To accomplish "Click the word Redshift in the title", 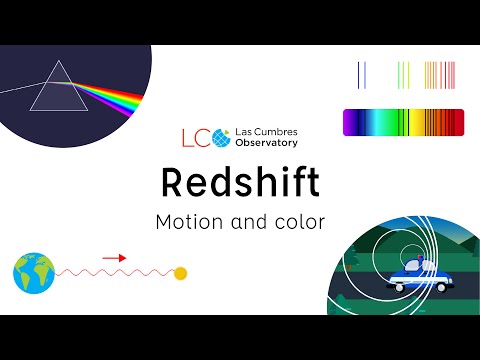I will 240,183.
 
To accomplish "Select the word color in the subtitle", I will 299,222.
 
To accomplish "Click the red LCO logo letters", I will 192,136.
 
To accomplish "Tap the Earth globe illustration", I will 32,272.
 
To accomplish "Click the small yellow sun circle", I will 181,273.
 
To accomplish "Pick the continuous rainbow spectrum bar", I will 403,123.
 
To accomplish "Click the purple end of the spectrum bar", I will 349,123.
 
